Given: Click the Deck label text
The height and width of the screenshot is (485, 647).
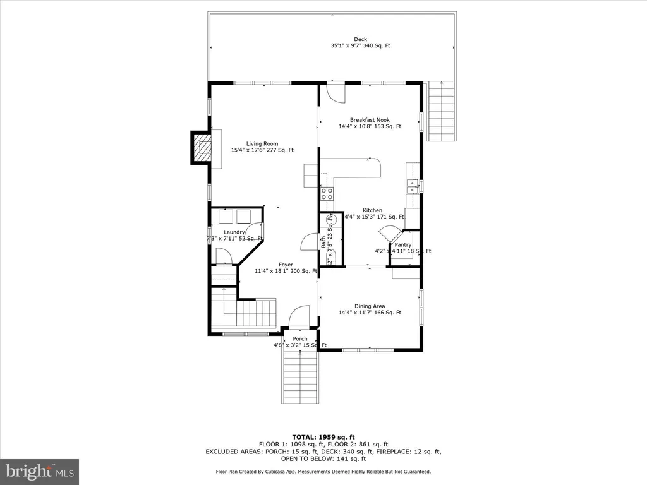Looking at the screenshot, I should tap(360, 40).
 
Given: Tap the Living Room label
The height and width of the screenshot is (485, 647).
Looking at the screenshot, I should tap(262, 144).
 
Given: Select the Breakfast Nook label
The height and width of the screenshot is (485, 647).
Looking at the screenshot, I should tap(370, 120).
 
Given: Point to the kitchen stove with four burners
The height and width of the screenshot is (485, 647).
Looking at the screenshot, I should tap(327, 194).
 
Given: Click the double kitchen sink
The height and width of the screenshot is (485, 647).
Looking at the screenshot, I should tap(413, 186).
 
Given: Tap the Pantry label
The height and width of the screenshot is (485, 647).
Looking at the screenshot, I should tap(403, 244).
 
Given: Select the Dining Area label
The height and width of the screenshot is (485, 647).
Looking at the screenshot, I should tap(370, 306).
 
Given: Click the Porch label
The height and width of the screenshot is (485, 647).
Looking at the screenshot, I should tap(299, 339).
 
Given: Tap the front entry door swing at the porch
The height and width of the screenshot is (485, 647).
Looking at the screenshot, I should tap(299, 316).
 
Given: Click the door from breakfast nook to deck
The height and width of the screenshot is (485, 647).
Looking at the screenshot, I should tap(336, 93).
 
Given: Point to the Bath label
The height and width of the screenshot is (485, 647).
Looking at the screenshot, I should tap(323, 241).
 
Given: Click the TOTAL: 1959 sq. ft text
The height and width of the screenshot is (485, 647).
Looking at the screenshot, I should tap(323, 437).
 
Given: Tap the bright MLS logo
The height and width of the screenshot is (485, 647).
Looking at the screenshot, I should tap(39, 471).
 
